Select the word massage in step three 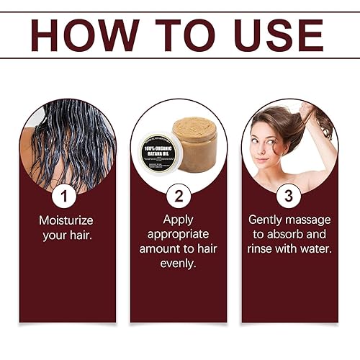310,220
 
